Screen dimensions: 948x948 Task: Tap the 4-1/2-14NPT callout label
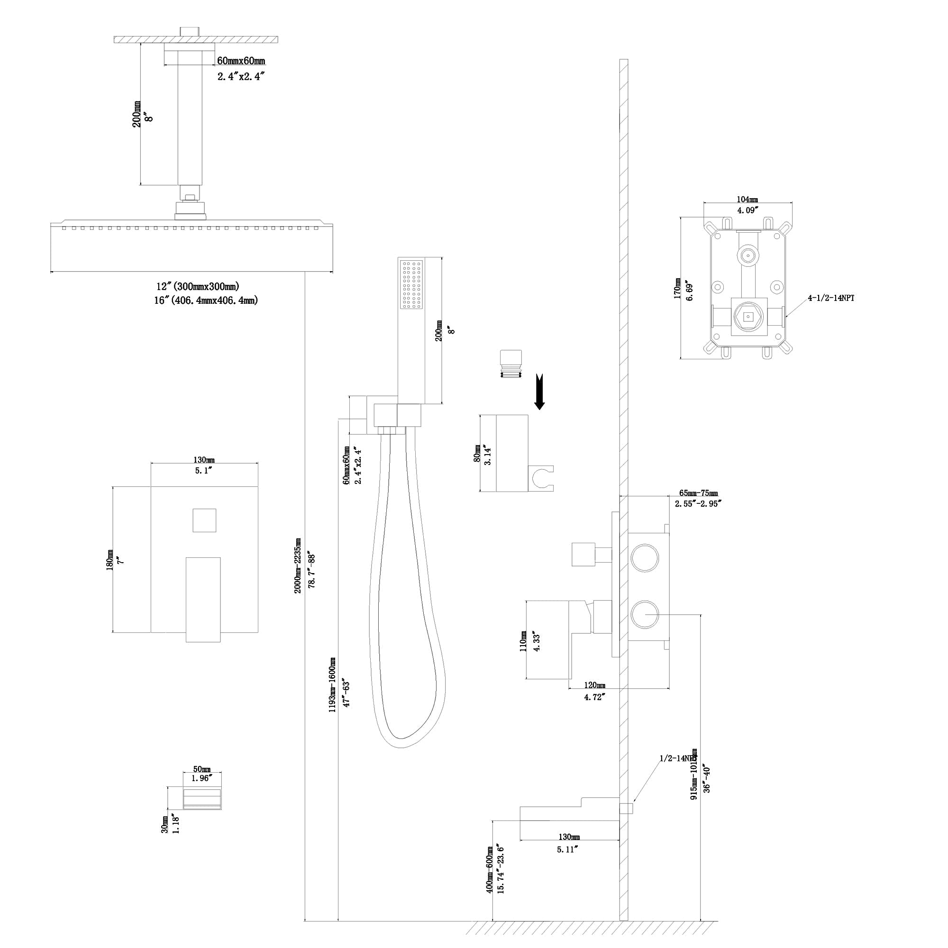(x=831, y=298)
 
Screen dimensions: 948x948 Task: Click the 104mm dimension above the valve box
(x=747, y=200)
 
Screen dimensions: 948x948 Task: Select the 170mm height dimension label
(x=677, y=288)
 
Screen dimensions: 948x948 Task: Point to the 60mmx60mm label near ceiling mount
(x=241, y=61)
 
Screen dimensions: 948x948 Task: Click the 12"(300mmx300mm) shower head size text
(x=198, y=287)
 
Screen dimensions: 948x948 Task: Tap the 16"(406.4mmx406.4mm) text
(x=206, y=300)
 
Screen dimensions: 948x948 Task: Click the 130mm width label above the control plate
(x=204, y=460)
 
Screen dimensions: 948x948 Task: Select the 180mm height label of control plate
(x=109, y=560)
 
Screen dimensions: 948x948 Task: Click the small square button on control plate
(x=204, y=520)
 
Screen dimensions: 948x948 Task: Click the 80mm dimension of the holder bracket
(x=477, y=454)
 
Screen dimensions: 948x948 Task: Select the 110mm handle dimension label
(x=524, y=641)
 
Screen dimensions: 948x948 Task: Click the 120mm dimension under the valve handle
(x=594, y=685)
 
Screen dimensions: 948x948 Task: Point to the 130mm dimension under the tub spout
(x=568, y=837)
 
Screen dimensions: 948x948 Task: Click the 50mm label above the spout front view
(x=201, y=769)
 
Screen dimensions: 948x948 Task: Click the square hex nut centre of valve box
(x=747, y=317)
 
